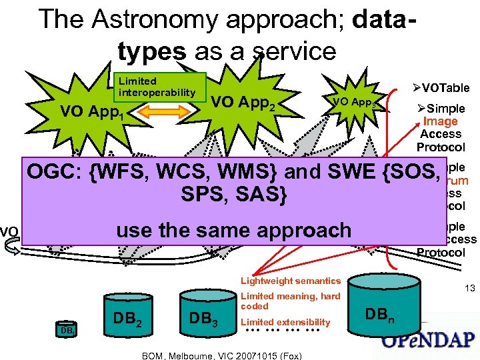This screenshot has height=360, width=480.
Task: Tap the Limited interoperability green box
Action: (x=158, y=87)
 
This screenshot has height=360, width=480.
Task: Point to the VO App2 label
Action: (x=243, y=103)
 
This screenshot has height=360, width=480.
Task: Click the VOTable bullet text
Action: (x=441, y=87)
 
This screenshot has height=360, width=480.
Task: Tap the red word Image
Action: (x=440, y=121)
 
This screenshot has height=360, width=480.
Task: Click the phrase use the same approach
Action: (x=233, y=230)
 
